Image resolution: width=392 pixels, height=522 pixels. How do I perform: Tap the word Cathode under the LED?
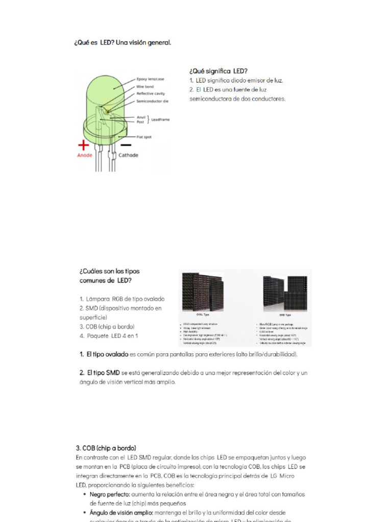click(x=129, y=155)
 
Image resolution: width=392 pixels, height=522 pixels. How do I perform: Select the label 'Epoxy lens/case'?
click(x=151, y=80)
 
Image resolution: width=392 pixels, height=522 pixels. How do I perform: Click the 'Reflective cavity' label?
click(x=151, y=94)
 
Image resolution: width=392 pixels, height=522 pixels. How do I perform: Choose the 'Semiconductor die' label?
click(x=152, y=101)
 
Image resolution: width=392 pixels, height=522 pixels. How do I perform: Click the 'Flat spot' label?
click(x=144, y=137)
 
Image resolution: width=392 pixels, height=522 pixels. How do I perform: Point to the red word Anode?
click(x=85, y=155)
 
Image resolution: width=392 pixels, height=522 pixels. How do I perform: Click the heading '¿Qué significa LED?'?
click(x=219, y=71)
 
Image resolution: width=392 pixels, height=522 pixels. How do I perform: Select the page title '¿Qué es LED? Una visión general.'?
click(x=123, y=43)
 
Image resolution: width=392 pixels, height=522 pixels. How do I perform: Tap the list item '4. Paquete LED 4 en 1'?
click(x=109, y=336)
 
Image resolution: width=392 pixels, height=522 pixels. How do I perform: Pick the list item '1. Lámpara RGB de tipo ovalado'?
click(x=122, y=299)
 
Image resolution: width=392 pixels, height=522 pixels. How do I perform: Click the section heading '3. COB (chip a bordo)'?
click(x=106, y=448)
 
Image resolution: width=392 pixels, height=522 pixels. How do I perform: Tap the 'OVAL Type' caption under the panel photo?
click(x=203, y=315)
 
